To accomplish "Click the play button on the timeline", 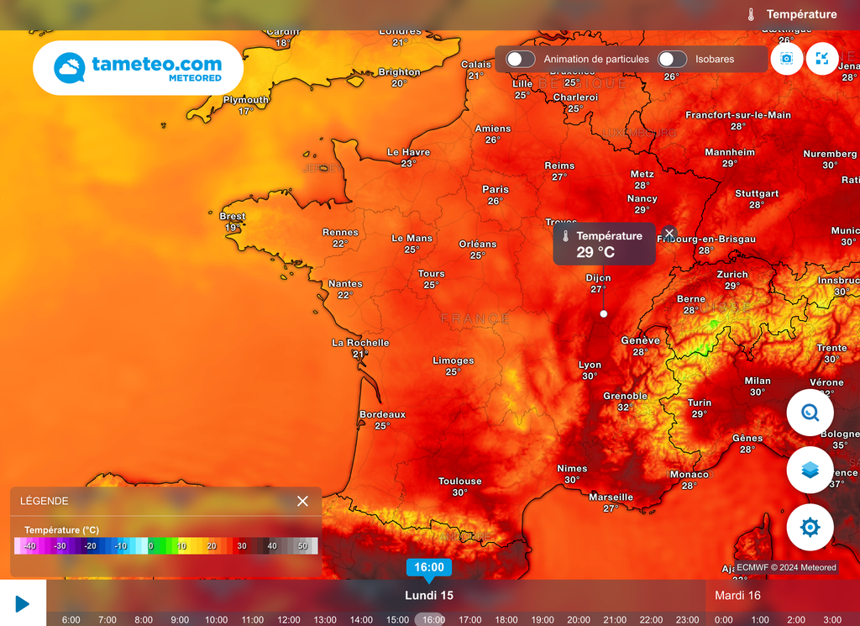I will pos(23,603).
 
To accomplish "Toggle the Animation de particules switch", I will pos(521,59).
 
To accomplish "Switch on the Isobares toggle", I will pos(672,59).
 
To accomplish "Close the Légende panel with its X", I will pos(302,501).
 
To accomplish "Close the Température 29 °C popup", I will pos(669,233).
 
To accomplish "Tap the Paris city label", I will pos(496,190).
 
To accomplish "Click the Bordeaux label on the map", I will pos(382,415).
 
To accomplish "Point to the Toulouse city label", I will pos(459,481).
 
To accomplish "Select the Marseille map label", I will pos(611,497).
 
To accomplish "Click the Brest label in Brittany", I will pos(233,217).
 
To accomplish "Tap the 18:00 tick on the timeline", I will pos(506,619).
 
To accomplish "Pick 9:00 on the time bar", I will pos(180,619).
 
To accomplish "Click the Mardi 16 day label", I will pos(737,595).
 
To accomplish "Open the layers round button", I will pos(810,471).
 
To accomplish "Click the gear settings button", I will pos(810,528).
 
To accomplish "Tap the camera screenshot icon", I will pos(787,59).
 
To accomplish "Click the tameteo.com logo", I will pos(138,68).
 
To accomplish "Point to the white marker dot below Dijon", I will pos(603,313).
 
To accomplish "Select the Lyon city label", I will pos(590,366).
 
